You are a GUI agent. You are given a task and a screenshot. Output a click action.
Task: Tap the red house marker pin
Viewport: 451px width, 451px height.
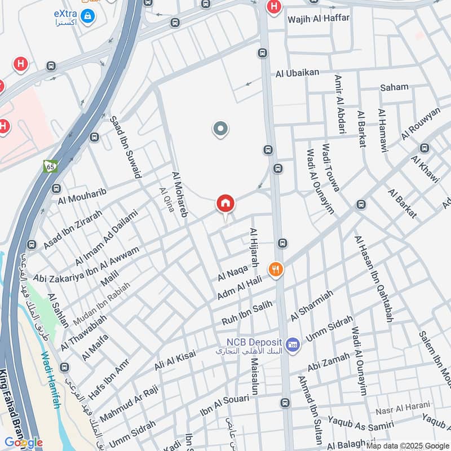pos(225,204)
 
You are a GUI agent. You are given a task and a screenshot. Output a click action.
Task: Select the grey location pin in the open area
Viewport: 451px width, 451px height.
pos(220,130)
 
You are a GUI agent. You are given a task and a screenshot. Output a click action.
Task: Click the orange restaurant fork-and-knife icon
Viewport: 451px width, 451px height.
pos(276,270)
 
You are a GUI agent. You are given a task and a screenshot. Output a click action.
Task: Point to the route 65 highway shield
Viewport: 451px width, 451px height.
pos(50,166)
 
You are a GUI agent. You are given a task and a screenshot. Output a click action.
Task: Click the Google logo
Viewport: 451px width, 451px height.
pos(23,443)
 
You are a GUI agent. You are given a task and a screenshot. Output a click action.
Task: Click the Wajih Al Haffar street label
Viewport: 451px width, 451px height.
pos(319,19)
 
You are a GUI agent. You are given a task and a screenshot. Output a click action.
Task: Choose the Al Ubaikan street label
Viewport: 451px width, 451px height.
pos(298,72)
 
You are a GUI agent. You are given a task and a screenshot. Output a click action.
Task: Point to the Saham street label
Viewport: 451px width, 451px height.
pos(394,87)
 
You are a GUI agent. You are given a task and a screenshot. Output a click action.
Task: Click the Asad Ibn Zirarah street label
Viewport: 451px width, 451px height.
pos(73,230)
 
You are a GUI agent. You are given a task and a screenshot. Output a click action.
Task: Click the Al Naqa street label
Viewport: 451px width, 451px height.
pos(232,274)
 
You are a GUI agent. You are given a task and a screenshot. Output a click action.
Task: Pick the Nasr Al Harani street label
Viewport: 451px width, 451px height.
pos(403,405)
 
